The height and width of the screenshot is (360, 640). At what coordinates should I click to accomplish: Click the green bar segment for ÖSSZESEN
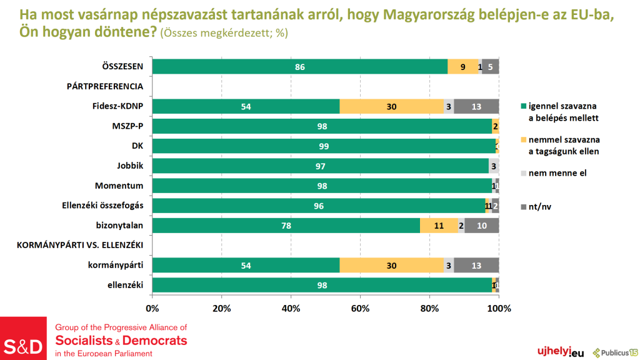coord(300,67)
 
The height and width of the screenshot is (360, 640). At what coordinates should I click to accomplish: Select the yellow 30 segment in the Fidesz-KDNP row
coord(391,106)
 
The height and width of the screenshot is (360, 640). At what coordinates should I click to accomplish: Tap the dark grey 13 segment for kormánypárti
coord(476,265)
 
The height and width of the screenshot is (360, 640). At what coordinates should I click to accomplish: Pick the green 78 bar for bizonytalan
coord(286,226)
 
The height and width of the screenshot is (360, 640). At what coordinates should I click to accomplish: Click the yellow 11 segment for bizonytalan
coord(439,226)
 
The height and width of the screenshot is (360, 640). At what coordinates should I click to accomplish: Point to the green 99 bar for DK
coord(324,146)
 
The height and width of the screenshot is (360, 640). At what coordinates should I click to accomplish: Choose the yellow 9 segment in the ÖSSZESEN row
coord(463,67)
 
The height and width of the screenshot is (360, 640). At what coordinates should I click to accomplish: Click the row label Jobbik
coord(130,166)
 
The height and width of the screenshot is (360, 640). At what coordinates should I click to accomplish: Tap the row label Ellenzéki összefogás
coord(103,206)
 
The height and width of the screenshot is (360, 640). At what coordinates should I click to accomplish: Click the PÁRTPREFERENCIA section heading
coord(105,86)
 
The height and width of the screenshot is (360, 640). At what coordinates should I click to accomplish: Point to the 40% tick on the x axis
coord(291,308)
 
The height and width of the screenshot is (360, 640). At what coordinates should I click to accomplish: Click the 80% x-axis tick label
coord(429,308)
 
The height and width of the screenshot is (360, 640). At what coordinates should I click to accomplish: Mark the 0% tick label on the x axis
coord(152,308)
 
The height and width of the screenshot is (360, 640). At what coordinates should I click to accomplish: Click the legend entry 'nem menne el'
coord(556,173)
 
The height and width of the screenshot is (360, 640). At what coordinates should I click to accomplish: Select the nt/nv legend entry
coord(541,206)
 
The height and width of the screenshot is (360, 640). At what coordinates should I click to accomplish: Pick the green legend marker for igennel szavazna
coord(523,106)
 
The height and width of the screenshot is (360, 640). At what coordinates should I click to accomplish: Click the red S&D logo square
coord(24,338)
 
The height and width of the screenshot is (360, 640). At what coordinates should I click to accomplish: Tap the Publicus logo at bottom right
coord(615,352)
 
